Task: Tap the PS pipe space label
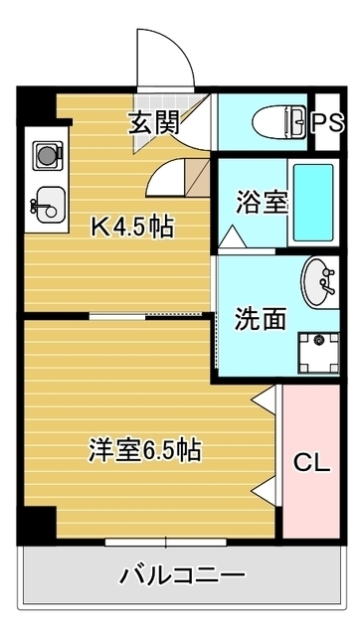tap(327, 123)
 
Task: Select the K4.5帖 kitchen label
tap(132, 227)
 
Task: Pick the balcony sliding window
tap(165, 542)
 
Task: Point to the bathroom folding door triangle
tap(232, 236)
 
